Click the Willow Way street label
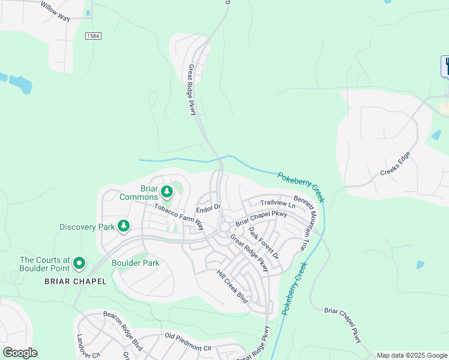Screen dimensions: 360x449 pos(56,11)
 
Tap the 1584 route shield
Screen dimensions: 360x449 pos(93,36)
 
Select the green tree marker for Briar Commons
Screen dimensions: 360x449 pos(167,193)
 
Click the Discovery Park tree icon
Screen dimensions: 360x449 pos(124,226)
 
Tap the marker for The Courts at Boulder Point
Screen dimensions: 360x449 pos(79,263)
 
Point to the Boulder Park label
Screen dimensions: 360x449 pos(136,263)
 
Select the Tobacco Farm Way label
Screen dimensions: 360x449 pos(179,217)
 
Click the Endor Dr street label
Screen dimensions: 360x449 pos(209,207)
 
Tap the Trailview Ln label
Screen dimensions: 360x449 pos(278,205)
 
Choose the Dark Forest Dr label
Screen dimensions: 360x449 pos(264,242)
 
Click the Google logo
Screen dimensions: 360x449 pos(20,352)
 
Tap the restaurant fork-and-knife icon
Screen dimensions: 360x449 pos(446,65)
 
